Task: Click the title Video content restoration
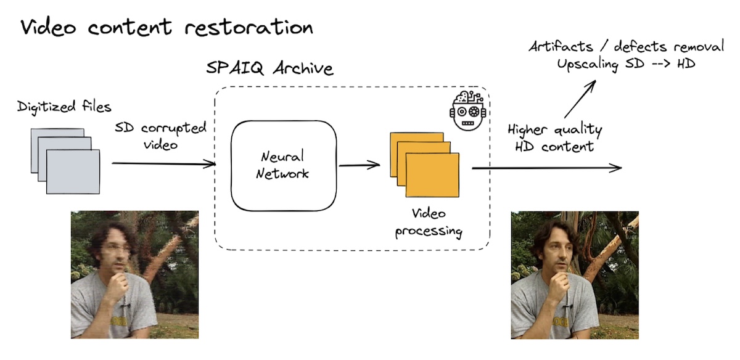click(166, 28)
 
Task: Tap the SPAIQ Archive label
click(269, 68)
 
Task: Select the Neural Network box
click(284, 165)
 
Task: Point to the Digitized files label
click(64, 107)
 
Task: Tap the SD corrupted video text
click(160, 136)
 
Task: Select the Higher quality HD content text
click(554, 138)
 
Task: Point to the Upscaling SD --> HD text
click(626, 65)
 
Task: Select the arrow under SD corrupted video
click(163, 163)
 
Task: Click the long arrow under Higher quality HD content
click(546, 168)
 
